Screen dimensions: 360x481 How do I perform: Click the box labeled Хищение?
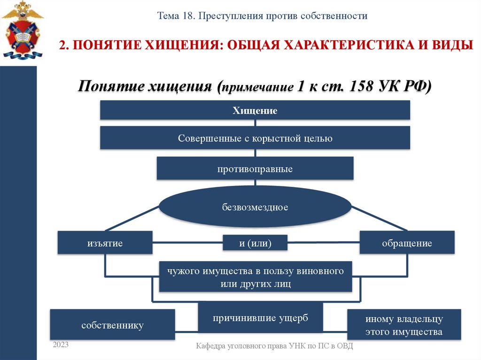(255, 111)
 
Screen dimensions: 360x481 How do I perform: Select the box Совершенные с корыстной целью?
(255, 138)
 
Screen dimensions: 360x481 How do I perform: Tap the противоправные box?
(255, 169)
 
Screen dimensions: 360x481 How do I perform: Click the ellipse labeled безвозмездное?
(255, 207)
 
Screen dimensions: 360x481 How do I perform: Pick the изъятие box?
(105, 243)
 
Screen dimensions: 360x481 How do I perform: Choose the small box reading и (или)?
(255, 243)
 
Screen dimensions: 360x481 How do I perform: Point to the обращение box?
(407, 243)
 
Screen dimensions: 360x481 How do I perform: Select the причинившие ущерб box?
(260, 318)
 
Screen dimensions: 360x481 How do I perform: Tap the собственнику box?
(112, 325)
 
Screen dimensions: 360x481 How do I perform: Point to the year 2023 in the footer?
(61, 345)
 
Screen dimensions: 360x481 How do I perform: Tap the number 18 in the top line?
(186, 16)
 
